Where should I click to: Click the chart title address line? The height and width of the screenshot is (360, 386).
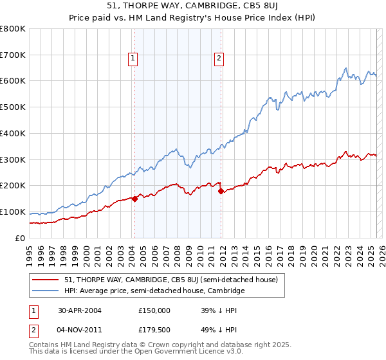[x=193, y=6]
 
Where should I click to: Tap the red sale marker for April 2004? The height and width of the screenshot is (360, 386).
[x=135, y=199]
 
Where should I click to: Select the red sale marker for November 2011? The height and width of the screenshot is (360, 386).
[x=221, y=191]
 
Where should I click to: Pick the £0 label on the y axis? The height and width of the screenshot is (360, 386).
[x=21, y=239]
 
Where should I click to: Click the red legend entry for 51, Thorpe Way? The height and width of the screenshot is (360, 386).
[x=170, y=280]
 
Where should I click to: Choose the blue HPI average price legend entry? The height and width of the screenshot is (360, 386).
[x=154, y=291]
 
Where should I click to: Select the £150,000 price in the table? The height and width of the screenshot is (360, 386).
[x=154, y=310]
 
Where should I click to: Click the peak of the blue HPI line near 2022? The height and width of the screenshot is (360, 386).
[x=346, y=68]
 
